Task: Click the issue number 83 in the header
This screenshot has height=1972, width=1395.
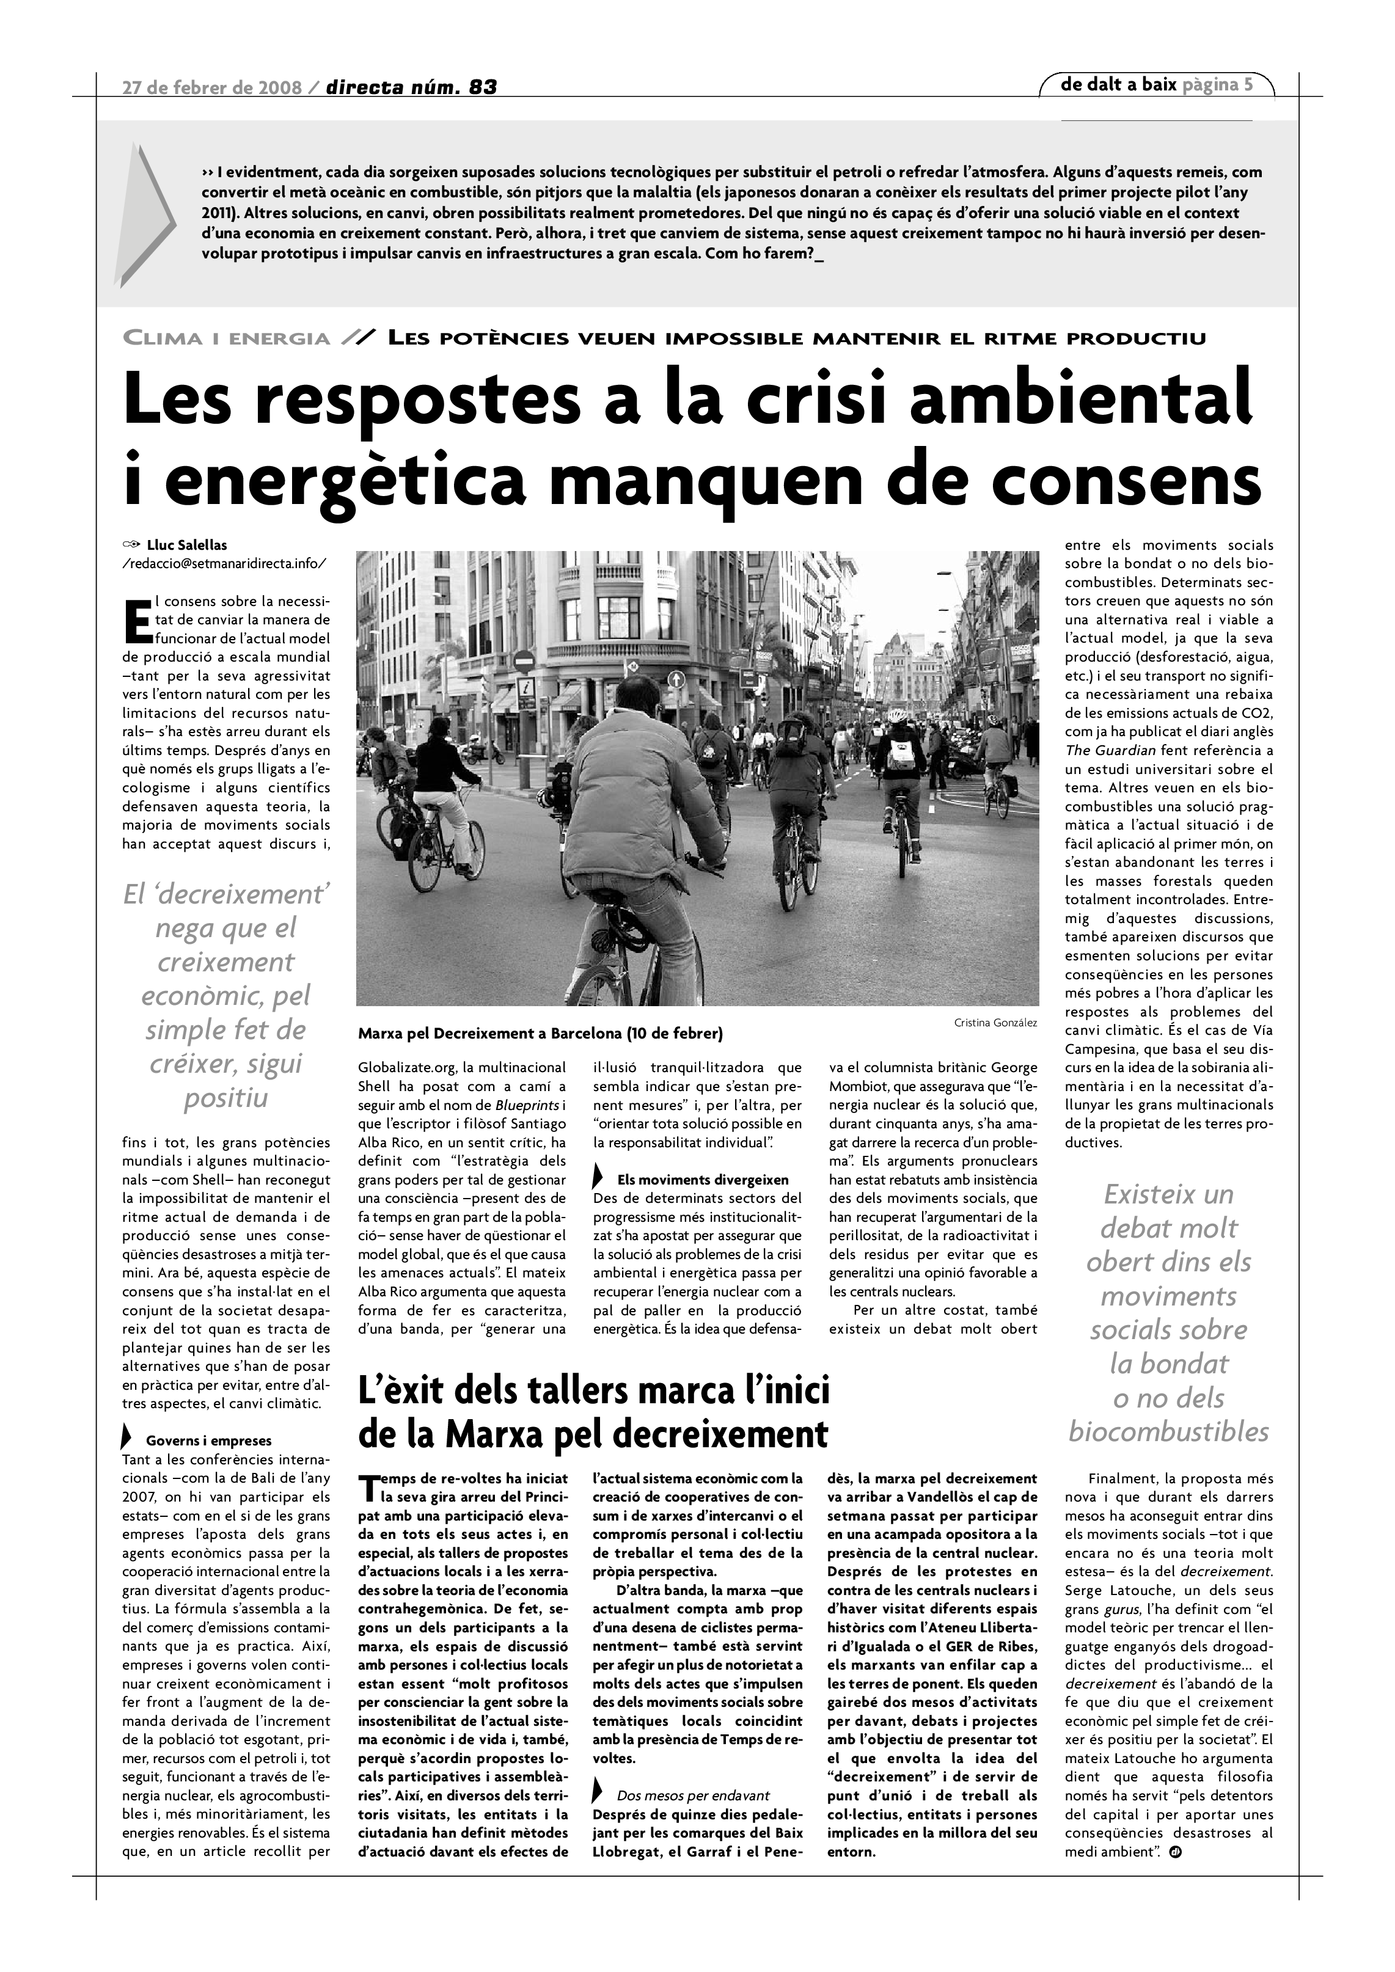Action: [x=483, y=87]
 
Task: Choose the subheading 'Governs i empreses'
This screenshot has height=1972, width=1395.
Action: [x=209, y=1441]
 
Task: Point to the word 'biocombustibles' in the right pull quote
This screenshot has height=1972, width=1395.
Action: [x=1168, y=1432]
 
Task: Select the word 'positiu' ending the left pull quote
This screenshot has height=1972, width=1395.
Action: [x=226, y=1098]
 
